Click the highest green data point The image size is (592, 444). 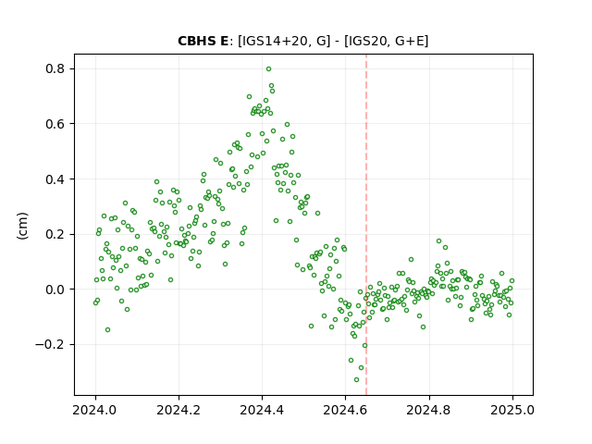[268, 69]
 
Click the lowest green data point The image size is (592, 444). [356, 379]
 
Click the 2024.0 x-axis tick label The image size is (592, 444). [95, 410]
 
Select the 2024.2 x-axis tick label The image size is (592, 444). [179, 410]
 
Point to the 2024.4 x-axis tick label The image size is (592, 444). [262, 410]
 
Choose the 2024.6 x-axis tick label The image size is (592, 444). [345, 410]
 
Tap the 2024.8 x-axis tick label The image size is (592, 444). [429, 410]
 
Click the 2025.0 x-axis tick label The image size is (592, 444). [512, 410]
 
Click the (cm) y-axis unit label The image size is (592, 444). [22, 226]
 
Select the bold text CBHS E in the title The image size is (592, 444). [203, 41]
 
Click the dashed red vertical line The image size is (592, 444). [366, 225]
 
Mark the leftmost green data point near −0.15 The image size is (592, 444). [107, 329]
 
